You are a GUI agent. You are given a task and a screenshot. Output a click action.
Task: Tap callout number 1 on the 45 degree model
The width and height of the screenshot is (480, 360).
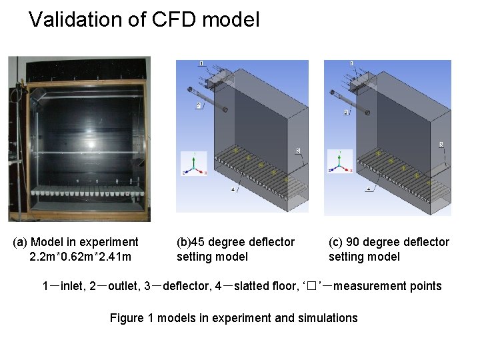point(201,64)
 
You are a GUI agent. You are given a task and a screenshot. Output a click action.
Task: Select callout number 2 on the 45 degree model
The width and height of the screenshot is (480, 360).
point(199,105)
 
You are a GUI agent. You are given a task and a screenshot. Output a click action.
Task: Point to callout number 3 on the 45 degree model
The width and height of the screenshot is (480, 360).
point(298,150)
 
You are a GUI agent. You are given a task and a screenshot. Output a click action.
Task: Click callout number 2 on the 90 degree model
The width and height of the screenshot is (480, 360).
point(346,113)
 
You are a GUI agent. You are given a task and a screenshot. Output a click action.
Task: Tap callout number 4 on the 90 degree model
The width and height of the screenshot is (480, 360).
point(369,190)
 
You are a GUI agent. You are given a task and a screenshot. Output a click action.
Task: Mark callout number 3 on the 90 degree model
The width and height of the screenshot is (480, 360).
point(442,145)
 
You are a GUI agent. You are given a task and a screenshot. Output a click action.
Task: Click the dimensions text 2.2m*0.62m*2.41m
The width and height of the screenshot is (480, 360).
point(80,257)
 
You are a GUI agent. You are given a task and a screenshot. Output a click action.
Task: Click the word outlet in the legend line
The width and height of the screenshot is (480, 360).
point(123,286)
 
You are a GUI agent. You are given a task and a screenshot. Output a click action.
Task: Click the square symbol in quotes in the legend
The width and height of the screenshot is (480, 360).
point(312,287)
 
